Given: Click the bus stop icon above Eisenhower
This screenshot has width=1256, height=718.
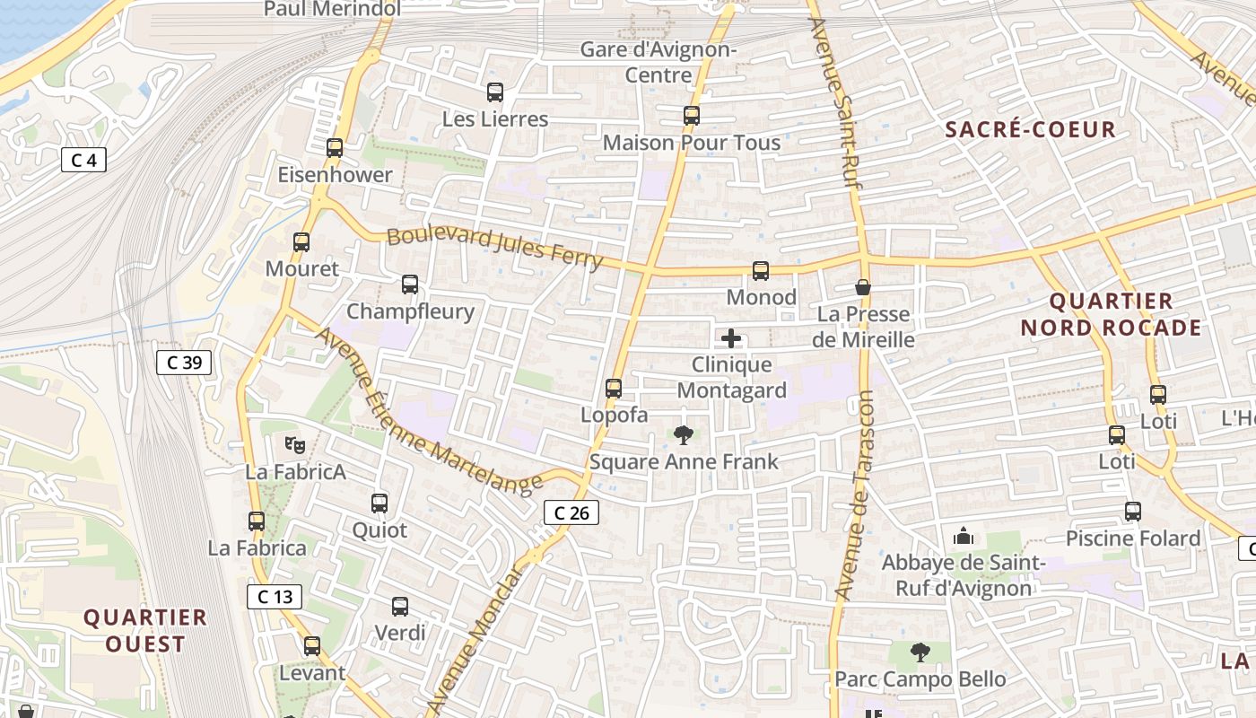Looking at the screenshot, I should (335, 148).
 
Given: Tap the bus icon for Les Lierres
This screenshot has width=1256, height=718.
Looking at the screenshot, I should (494, 92).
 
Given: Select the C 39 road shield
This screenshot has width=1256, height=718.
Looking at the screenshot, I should (184, 363).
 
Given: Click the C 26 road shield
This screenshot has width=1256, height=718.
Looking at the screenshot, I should (571, 513).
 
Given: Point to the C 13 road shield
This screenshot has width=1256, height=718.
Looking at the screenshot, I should (275, 597).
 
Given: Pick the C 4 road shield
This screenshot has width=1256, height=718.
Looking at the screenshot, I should (83, 161).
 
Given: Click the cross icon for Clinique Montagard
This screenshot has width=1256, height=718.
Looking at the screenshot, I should (731, 338).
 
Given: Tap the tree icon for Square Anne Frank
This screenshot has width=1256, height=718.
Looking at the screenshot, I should (684, 436).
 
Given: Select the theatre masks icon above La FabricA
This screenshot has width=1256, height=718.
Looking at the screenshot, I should (295, 443).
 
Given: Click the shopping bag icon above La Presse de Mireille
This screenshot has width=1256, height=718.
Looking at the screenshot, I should (863, 287).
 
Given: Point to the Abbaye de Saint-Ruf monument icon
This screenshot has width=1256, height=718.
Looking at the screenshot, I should (964, 537).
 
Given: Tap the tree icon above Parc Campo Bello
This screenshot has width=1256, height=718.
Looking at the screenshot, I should (920, 652).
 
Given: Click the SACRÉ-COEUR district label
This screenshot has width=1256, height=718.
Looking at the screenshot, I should (1031, 129).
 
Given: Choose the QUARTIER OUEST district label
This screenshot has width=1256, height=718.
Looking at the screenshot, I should (145, 630).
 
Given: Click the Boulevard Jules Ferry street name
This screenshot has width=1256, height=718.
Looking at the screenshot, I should (494, 247).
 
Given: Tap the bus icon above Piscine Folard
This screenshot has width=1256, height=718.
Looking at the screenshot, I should (1133, 512).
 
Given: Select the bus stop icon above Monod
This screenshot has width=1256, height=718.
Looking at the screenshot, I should (761, 271).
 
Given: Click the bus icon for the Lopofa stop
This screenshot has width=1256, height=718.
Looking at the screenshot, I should (614, 389).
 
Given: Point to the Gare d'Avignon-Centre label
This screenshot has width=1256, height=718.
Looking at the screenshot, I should (658, 62).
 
